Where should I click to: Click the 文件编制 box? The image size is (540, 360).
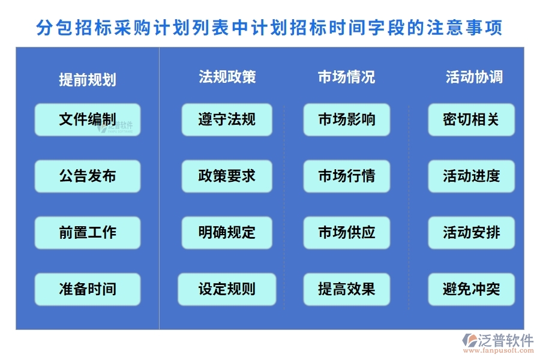pos(88,119)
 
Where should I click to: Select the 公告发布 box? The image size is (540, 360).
pos(88,176)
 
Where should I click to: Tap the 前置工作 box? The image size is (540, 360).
pos(88,232)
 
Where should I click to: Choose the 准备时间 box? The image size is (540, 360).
pos(88,289)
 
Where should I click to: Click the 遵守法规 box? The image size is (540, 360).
pos(227,119)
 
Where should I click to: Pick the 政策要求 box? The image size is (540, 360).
pos(227,176)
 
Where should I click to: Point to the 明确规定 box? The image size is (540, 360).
pos(227,232)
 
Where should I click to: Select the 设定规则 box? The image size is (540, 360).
pos(227,289)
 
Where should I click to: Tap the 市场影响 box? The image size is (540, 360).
pos(347,119)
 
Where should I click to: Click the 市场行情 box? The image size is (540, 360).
pos(347,176)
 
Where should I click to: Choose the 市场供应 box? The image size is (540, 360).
pos(347,232)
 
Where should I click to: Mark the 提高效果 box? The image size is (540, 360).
pos(347,289)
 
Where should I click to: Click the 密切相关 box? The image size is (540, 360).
pos(471,119)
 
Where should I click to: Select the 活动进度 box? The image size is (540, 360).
pos(471,176)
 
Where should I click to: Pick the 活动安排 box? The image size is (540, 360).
pos(471,232)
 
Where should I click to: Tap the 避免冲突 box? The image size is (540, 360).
pos(471,289)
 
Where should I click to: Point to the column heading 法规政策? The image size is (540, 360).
pos(227,77)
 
